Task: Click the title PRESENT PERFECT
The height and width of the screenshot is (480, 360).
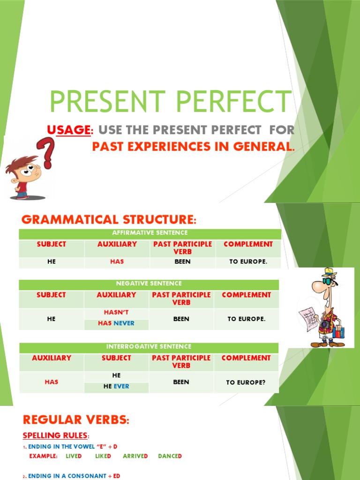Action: click(170, 102)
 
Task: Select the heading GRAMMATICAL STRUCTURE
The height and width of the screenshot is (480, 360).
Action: click(108, 219)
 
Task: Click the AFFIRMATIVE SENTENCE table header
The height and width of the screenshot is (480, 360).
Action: click(150, 233)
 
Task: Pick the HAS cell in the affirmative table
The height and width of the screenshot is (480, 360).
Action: click(117, 262)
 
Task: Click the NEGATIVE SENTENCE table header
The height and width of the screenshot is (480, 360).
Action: click(149, 284)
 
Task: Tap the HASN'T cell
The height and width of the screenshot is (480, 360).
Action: click(116, 312)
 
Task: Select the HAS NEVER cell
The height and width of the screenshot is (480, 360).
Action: click(116, 323)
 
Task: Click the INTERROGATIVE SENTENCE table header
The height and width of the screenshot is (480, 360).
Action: click(149, 347)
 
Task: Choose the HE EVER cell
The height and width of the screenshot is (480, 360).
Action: click(116, 387)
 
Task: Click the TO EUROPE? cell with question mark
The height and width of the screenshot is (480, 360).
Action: click(246, 382)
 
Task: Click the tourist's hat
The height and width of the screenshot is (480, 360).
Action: click(329, 273)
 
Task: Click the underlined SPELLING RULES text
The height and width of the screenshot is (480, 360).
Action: click(55, 435)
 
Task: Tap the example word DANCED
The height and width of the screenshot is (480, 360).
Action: click(170, 456)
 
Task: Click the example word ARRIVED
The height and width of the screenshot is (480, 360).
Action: click(135, 456)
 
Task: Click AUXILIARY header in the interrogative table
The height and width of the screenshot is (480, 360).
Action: click(52, 358)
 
